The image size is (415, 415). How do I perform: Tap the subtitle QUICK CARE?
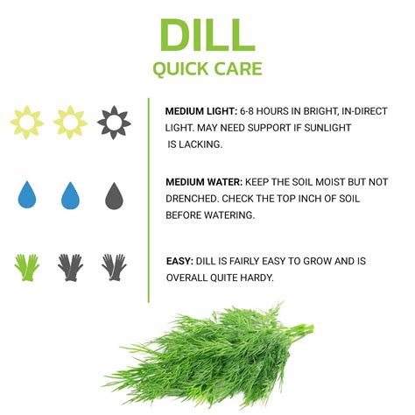(x=207, y=69)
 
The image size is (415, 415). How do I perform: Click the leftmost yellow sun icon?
(x=27, y=122)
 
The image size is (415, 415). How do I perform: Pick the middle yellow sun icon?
(x=70, y=122)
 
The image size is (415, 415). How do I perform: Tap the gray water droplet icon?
(x=114, y=193)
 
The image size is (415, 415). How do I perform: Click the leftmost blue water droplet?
(x=27, y=193)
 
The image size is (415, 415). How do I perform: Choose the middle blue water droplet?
(x=70, y=193)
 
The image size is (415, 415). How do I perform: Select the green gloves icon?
(x=27, y=267)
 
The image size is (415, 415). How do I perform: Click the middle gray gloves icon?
(x=70, y=267)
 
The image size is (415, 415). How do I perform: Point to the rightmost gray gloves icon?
(x=114, y=267)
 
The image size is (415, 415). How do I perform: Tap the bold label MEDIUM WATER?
(x=204, y=182)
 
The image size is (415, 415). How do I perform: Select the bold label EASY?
(x=179, y=261)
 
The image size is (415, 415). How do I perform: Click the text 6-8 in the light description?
(x=250, y=112)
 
